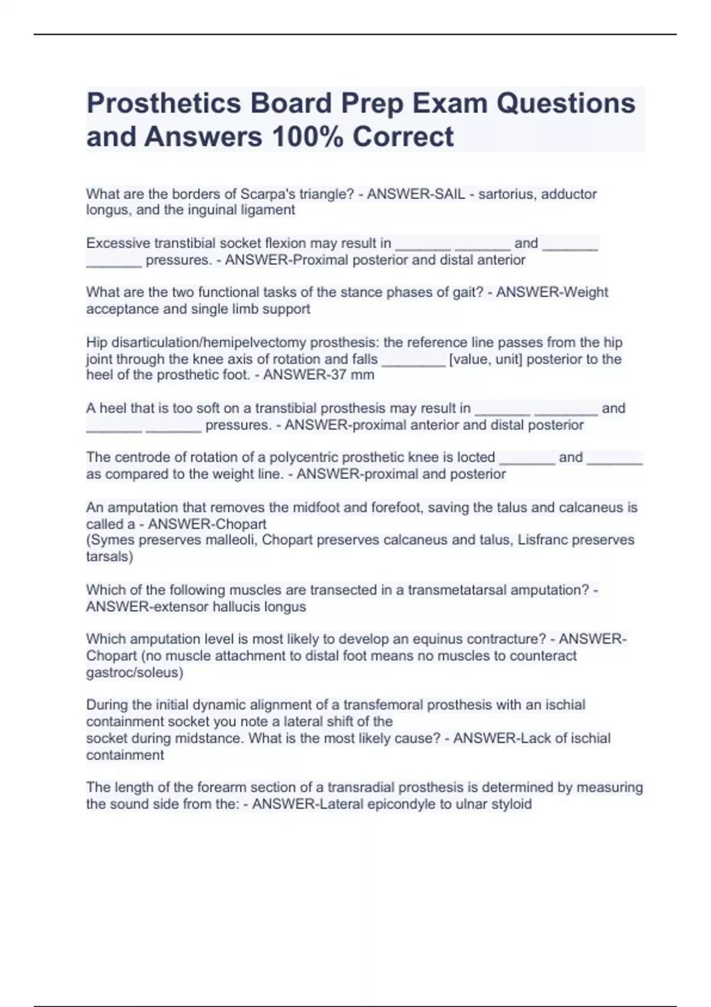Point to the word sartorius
pyautogui.click(x=506, y=194)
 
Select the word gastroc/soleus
pyautogui.click(x=134, y=672)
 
